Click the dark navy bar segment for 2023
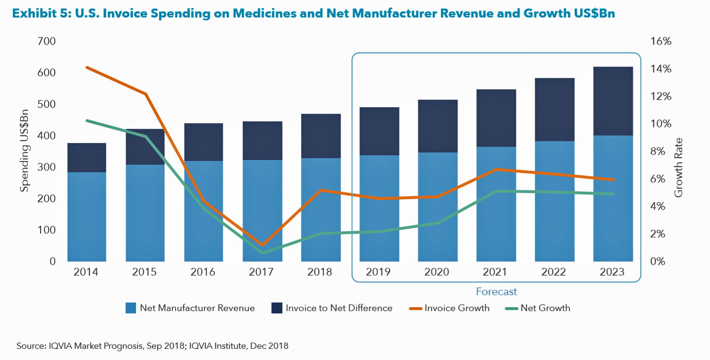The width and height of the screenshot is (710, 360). pos(613,101)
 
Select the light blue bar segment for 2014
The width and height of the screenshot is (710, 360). pos(87,217)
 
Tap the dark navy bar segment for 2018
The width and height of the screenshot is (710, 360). pos(321,136)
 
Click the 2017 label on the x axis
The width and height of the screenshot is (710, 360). pos(262,272)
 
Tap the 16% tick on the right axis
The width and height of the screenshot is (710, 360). pos(660,42)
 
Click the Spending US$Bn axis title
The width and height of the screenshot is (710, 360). pos(25,151)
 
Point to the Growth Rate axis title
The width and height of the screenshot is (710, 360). pos(678,167)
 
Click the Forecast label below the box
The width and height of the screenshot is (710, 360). pos(496,292)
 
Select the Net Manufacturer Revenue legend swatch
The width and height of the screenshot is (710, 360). pos(131,308)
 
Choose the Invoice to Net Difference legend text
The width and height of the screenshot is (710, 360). pos(338,308)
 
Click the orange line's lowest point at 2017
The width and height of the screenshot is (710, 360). pos(262,245)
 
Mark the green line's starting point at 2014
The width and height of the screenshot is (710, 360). pos(87,121)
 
